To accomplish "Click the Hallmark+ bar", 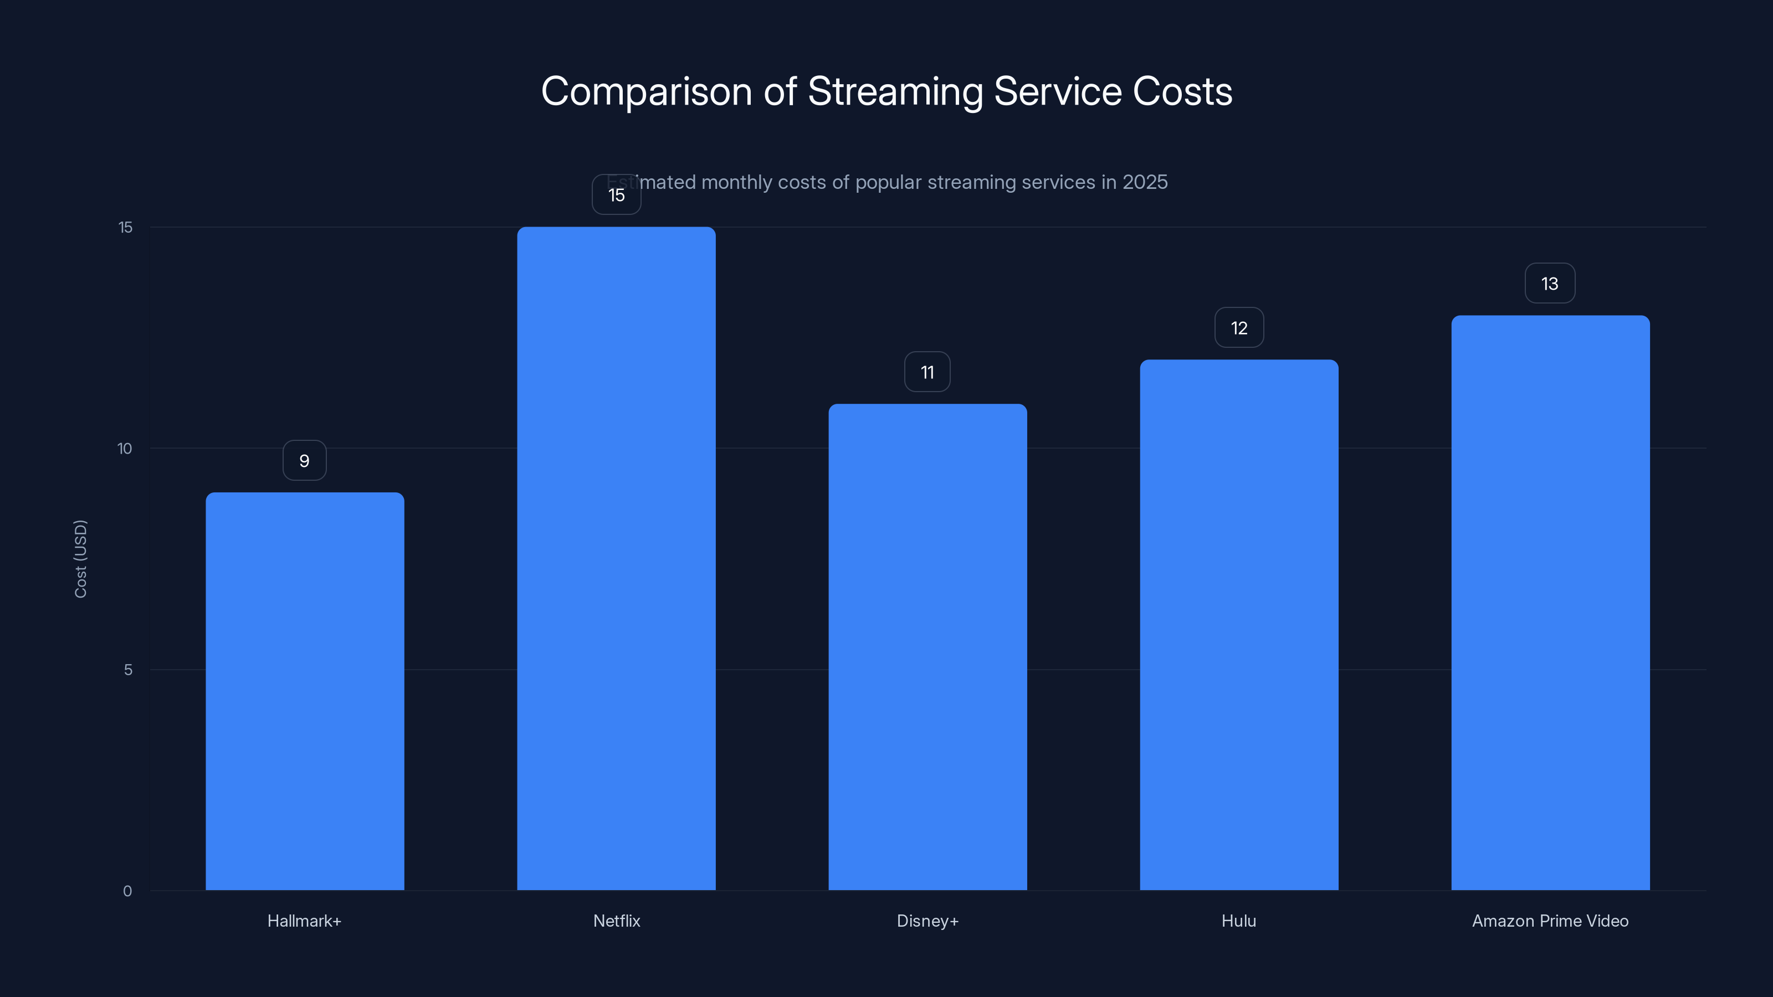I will pyautogui.click(x=305, y=691).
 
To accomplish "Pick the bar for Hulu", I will pyautogui.click(x=1239, y=625).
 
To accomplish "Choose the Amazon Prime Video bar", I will pyautogui.click(x=1550, y=602).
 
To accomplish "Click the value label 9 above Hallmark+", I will pyautogui.click(x=304, y=461).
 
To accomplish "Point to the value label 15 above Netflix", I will pyautogui.click(x=616, y=196).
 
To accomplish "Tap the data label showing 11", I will pyautogui.click(x=927, y=372).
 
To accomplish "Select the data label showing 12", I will pyautogui.click(x=1239, y=328).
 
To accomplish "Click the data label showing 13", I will pyautogui.click(x=1549, y=284).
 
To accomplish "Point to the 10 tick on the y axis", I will pyautogui.click(x=125, y=449).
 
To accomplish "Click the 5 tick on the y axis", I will pyautogui.click(x=128, y=670).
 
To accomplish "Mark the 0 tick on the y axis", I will pyautogui.click(x=127, y=891).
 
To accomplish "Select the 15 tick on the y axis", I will pyautogui.click(x=125, y=228).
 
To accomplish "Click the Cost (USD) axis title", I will pyautogui.click(x=80, y=559).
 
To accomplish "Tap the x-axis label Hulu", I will pyautogui.click(x=1239, y=921).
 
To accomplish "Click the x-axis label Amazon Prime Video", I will pyautogui.click(x=1550, y=921).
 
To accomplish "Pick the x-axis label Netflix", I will pyautogui.click(x=616, y=921).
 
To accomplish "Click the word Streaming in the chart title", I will pyautogui.click(x=895, y=92).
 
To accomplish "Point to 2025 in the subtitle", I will pyautogui.click(x=1145, y=182).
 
